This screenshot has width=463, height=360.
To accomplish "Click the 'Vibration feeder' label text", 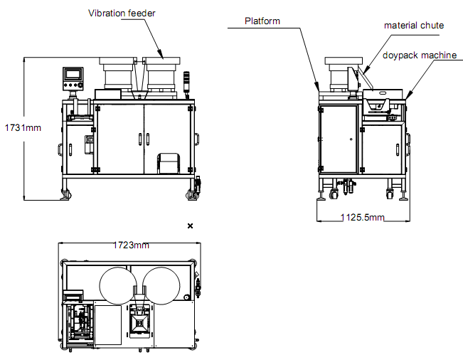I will click(x=122, y=13).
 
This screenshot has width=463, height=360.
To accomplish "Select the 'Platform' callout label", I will click(x=262, y=21).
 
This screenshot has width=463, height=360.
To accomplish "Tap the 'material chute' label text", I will click(x=414, y=26).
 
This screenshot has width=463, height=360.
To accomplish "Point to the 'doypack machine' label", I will click(x=419, y=55).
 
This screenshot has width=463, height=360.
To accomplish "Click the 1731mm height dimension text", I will click(x=23, y=128).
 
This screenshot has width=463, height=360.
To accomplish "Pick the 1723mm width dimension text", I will click(x=132, y=245).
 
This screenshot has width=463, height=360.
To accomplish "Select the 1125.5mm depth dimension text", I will click(x=362, y=217).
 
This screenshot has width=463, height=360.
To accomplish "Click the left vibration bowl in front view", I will click(x=114, y=74).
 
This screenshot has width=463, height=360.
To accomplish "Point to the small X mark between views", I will click(x=190, y=226).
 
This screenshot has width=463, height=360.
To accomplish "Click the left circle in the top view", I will click(x=117, y=284).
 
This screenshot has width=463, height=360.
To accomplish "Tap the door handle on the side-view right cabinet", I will click(x=397, y=148).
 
